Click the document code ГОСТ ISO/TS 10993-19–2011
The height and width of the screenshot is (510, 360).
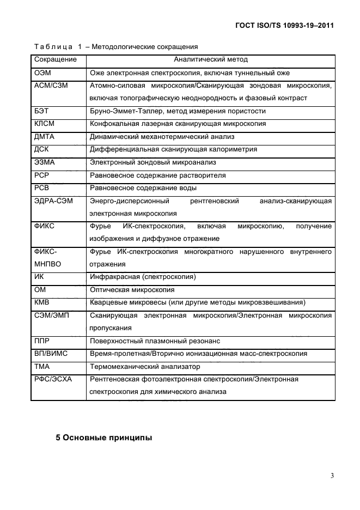284,25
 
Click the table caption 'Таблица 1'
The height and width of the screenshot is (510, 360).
57,47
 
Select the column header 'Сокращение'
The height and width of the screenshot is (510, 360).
56,59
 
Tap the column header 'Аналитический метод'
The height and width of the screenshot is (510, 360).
210,59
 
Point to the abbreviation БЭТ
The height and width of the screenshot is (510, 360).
42,111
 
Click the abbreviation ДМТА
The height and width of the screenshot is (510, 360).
45,136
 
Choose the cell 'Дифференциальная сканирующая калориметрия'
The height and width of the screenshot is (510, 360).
173,149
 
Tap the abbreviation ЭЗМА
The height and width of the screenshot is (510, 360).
45,162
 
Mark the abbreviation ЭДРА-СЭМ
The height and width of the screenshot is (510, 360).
53,201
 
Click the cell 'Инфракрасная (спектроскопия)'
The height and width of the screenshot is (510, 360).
143,277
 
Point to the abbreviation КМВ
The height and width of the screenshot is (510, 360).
43,302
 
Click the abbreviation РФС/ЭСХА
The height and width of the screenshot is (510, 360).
53,379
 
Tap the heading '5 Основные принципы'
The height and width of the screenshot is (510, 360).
104,437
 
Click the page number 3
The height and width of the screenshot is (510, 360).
332,476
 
